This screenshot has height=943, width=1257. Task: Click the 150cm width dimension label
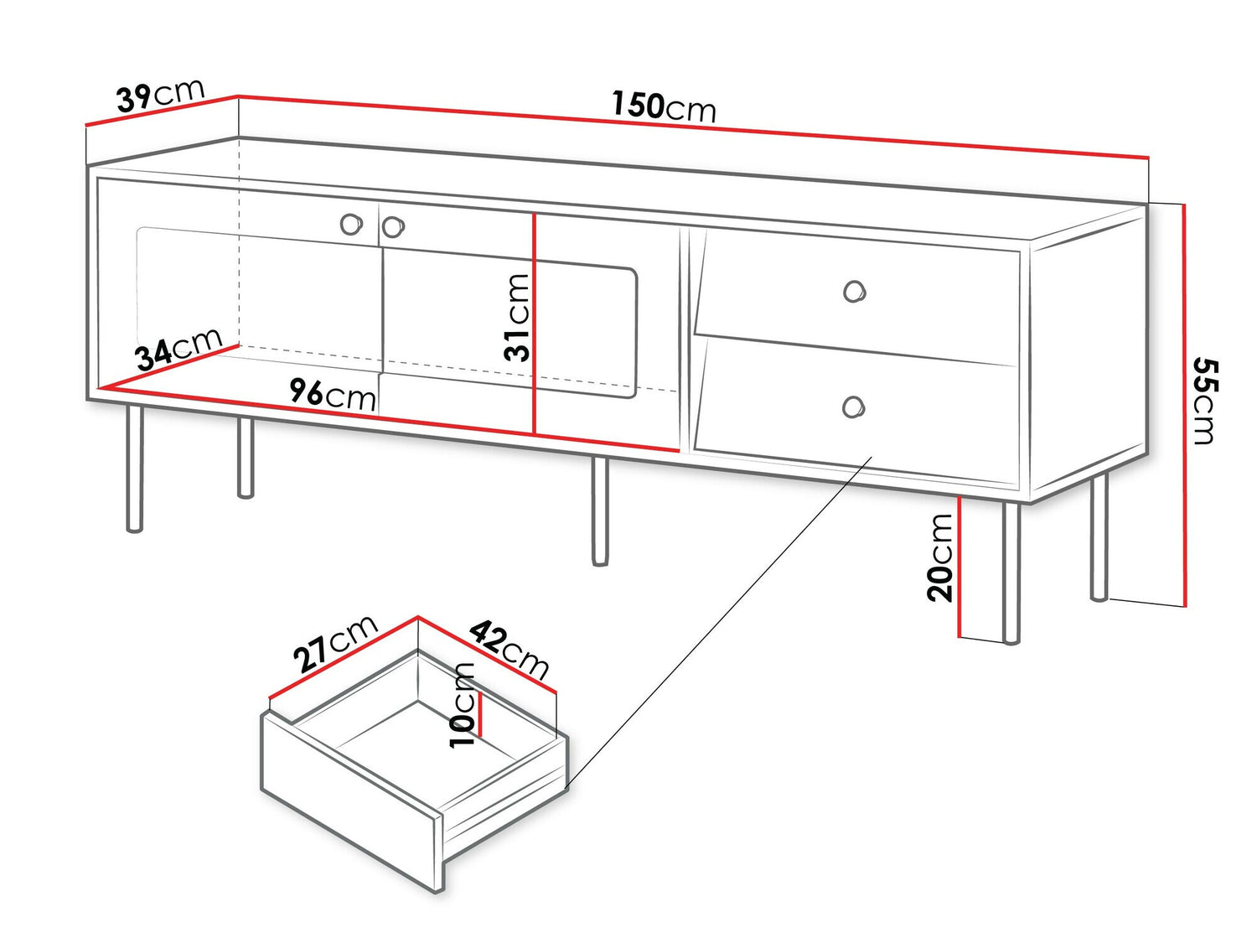[x=663, y=106]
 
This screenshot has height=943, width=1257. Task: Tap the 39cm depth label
[x=160, y=95]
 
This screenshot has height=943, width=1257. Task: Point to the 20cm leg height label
[x=941, y=557]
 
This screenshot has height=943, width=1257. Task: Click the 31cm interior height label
[x=517, y=317]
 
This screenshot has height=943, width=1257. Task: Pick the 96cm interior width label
[x=333, y=393]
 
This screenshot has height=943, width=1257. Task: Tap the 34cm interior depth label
[x=178, y=350]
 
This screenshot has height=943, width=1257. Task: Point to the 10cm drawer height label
[x=463, y=705]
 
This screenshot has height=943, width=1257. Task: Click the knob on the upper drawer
[x=854, y=292]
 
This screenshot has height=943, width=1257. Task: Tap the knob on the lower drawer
[x=853, y=407]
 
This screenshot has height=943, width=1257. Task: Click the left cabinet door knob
[x=351, y=224]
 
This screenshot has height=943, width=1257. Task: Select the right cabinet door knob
[x=393, y=226]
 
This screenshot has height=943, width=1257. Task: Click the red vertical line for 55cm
[x=1185, y=402]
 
